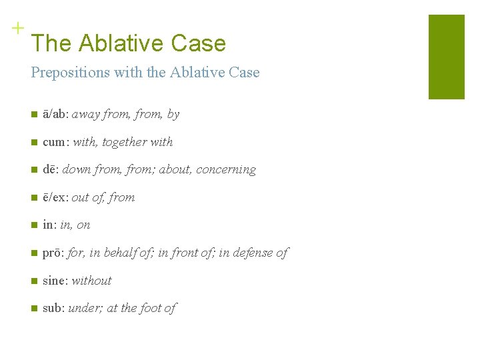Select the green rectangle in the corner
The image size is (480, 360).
click(446, 57)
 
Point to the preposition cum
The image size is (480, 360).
click(55, 142)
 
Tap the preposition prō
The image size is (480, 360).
click(53, 253)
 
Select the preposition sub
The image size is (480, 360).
click(53, 308)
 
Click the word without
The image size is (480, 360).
click(91, 281)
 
